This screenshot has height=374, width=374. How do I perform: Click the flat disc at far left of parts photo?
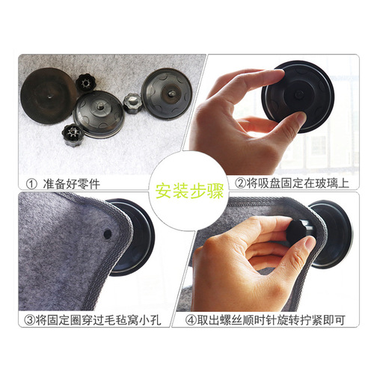pos(47,96)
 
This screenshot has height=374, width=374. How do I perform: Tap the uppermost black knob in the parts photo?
pos(84,80)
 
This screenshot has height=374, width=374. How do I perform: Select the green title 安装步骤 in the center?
pos(186,187)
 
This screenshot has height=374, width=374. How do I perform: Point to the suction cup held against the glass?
pos(299,97)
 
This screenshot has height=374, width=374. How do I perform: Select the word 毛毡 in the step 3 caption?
pos(125,322)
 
